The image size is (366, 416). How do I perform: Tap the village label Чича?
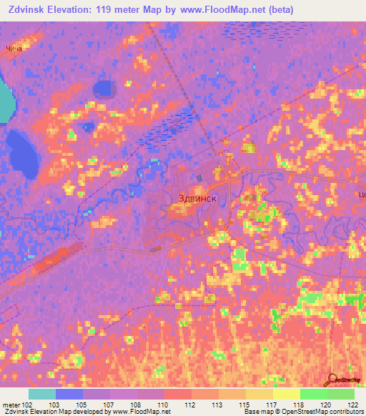tap(14, 49)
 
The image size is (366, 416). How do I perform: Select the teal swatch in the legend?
tap(42, 394)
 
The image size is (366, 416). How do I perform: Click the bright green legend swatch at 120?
tap(314, 394)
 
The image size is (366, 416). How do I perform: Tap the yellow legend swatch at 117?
tap(287, 394)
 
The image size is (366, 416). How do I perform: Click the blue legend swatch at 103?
tap(69, 394)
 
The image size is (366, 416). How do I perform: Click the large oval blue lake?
tap(24, 154)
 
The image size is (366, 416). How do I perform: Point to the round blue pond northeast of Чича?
tap(105, 88)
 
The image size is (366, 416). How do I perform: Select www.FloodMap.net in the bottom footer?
tap(135, 412)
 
